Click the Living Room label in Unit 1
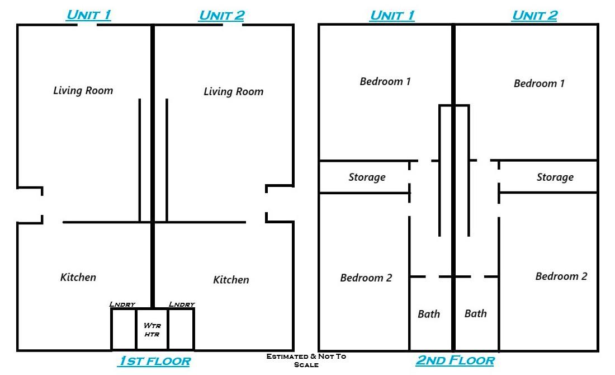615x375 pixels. click(83, 90)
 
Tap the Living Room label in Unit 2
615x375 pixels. click(233, 91)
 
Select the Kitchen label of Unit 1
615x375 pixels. click(78, 277)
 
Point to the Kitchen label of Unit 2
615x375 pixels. click(231, 279)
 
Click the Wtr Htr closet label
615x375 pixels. click(152, 330)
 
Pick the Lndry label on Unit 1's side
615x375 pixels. click(122, 304)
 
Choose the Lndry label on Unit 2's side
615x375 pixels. click(182, 304)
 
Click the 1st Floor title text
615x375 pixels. click(154, 362)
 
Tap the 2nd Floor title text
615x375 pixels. click(455, 360)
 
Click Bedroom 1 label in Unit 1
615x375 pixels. click(385, 82)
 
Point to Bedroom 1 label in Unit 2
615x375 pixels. click(539, 83)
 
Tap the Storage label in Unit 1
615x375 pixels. click(367, 177)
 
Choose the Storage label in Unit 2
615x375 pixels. click(555, 177)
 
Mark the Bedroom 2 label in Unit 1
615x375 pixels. click(366, 278)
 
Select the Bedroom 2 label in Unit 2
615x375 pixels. click(561, 276)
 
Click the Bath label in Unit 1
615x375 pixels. click(429, 314)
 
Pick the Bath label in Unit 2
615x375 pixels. click(476, 313)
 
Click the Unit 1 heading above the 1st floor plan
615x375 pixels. click(88, 15)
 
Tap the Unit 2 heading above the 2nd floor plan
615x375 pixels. click(534, 15)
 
